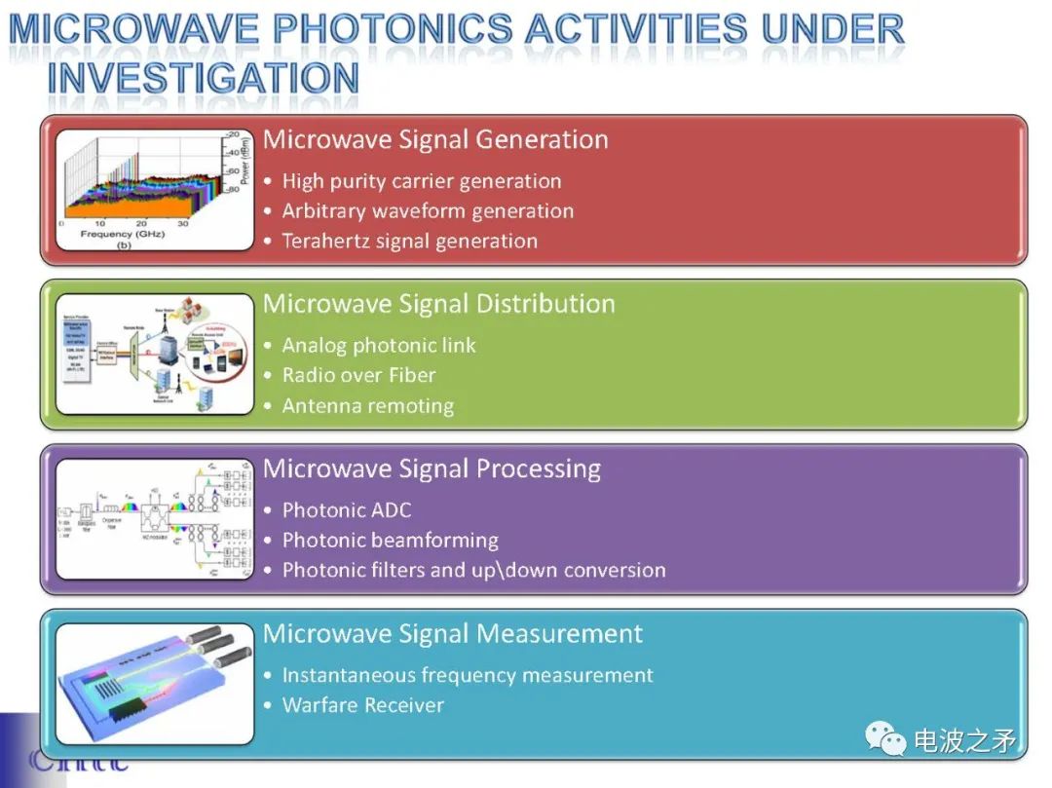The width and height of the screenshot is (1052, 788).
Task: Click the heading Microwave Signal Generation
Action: point(435,140)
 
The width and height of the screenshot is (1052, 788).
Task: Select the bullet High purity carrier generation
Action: point(421,181)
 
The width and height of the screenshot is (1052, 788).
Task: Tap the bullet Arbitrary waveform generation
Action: point(428,211)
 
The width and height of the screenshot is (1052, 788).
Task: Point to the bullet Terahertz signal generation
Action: point(409,242)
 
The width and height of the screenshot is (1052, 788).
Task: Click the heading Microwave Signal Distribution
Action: point(438,304)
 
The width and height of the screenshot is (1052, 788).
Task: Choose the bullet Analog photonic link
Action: point(379,346)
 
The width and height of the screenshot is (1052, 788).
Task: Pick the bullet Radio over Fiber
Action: point(358,376)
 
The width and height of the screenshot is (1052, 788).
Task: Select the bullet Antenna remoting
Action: point(367,406)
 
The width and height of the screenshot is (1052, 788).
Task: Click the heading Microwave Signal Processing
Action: point(432,469)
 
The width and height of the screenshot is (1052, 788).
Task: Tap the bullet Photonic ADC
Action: point(346,510)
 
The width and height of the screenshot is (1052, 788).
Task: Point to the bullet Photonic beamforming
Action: point(390,541)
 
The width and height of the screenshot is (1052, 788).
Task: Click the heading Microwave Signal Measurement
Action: point(453,634)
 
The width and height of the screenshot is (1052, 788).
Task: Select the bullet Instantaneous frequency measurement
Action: point(468,675)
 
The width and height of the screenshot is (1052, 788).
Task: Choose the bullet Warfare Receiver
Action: point(362,705)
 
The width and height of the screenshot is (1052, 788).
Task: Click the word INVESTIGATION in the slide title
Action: point(203,78)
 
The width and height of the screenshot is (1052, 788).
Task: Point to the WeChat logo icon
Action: point(886,739)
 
